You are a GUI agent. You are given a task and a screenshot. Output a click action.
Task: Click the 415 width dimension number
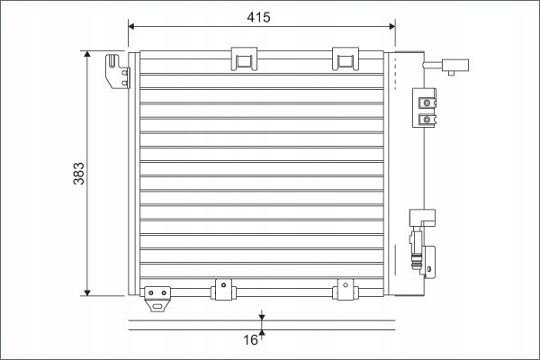click(257, 17)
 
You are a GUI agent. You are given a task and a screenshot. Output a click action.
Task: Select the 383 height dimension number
click(78, 173)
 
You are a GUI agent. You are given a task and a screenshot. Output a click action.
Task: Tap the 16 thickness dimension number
click(251, 340)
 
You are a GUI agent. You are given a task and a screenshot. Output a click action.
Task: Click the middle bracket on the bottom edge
click(220, 290)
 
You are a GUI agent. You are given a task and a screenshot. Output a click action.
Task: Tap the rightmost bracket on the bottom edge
click(344, 290)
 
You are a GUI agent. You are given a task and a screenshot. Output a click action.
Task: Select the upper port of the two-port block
click(427, 100)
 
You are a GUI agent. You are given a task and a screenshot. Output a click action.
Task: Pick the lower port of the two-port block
click(427, 117)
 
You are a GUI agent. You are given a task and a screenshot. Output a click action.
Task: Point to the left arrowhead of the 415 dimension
click(132, 28)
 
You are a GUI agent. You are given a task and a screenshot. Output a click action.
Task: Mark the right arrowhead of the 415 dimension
click(391, 28)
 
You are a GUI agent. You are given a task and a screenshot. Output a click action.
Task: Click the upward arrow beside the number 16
click(262, 335)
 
